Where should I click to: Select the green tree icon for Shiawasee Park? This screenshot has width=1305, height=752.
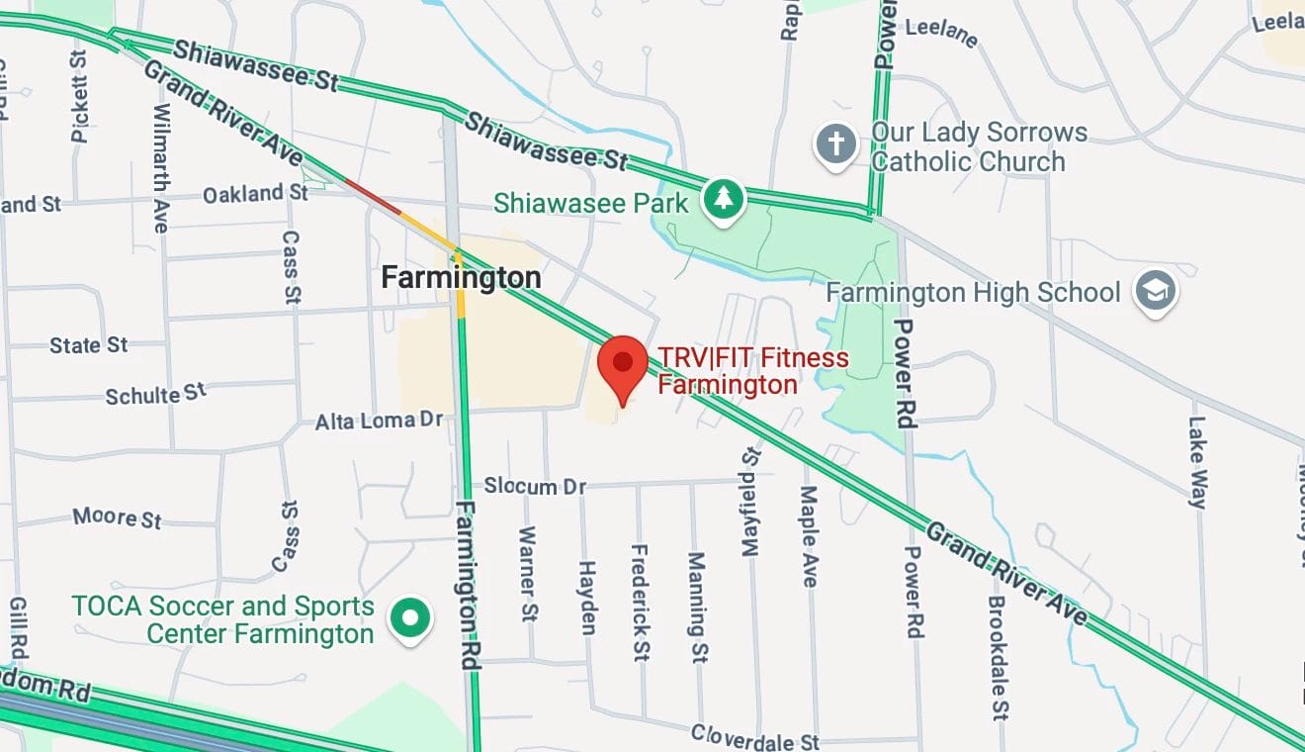click(x=724, y=199)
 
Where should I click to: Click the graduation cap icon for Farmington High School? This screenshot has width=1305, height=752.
click(x=1154, y=291)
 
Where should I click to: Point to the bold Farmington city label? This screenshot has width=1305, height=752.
click(x=462, y=278)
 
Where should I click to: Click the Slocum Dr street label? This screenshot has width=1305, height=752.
click(x=535, y=486)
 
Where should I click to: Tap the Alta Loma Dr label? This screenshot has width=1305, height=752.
click(x=379, y=421)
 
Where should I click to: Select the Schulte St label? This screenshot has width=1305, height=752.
click(x=156, y=395)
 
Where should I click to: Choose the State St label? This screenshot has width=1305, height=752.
click(x=89, y=345)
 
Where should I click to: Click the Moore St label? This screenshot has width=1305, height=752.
click(x=117, y=517)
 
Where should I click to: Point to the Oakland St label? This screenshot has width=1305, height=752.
click(x=255, y=193)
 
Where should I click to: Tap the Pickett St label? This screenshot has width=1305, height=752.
click(x=80, y=96)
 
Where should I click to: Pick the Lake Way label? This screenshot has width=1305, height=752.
click(x=1197, y=461)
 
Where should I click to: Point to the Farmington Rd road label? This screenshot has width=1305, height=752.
click(x=469, y=585)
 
